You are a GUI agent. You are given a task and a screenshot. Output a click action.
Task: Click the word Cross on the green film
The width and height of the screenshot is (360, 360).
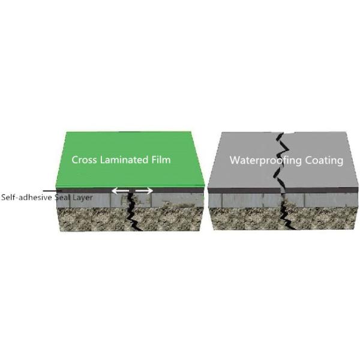[x=84, y=160]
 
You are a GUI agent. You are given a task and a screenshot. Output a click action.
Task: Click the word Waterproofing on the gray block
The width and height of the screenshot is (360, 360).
[x=266, y=160]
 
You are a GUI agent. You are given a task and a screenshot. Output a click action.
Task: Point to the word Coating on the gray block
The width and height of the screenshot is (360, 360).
[x=324, y=160]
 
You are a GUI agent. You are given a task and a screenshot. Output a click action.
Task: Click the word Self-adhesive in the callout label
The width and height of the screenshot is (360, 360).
[x=26, y=197]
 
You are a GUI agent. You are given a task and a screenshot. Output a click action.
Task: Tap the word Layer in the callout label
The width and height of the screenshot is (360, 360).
[x=83, y=198]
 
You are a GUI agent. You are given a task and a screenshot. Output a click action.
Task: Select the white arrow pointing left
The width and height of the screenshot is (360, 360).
[x=120, y=191]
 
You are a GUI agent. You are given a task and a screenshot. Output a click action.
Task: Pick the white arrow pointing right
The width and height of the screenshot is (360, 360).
[x=144, y=191]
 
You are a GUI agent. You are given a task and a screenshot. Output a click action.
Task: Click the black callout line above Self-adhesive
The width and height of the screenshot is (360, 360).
[x=52, y=191]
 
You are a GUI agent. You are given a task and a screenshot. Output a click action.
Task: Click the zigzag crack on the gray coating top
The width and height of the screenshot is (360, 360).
[x=281, y=160]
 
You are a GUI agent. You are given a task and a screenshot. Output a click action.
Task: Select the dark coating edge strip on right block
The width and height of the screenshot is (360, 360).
[x=283, y=190]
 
